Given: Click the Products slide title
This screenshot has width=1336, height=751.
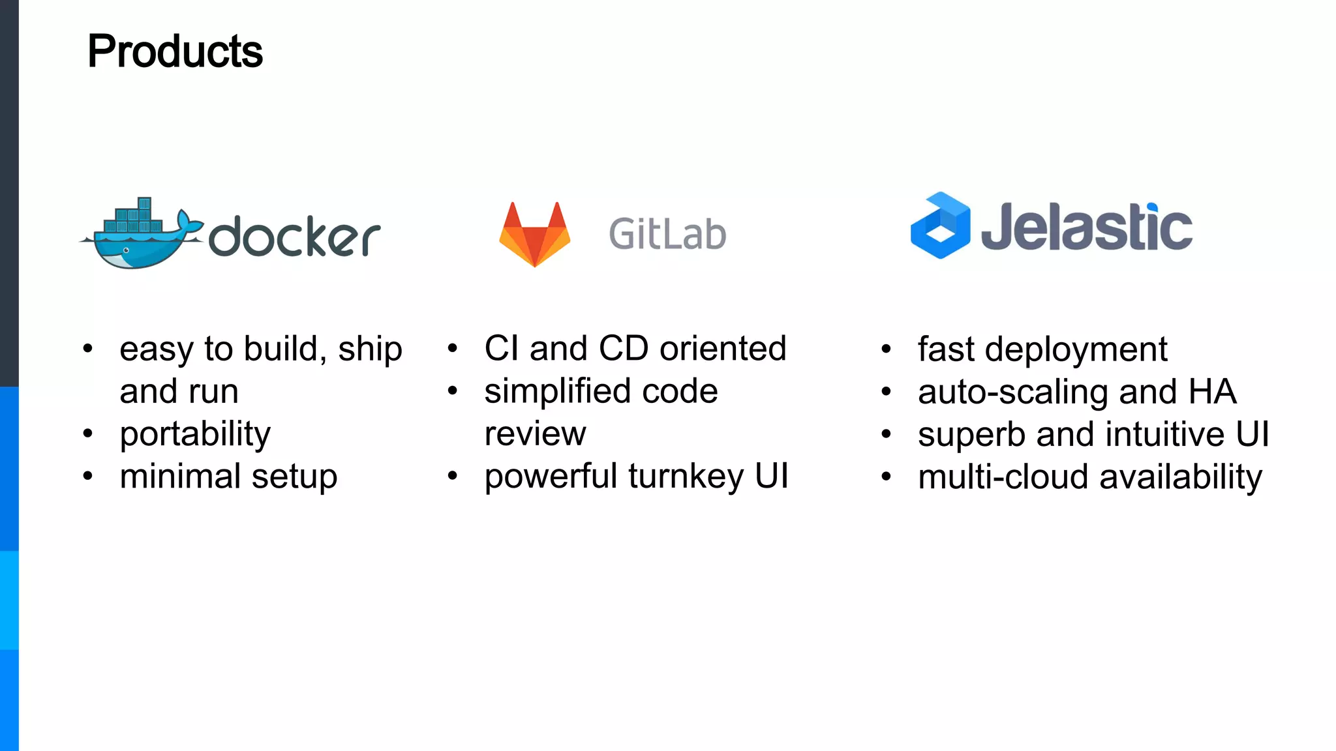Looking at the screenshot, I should (x=175, y=52).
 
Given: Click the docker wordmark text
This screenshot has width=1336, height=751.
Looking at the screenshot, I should (x=294, y=236).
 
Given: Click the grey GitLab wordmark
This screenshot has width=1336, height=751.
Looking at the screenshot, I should (x=667, y=234).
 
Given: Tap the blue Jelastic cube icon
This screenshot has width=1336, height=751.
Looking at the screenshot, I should (x=940, y=226).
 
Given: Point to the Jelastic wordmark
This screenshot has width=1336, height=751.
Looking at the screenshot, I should (x=1086, y=227).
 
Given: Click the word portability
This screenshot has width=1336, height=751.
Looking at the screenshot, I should (x=195, y=434).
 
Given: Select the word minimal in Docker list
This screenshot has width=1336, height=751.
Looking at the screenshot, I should (x=180, y=477).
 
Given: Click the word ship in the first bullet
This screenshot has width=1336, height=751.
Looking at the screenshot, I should (x=370, y=349).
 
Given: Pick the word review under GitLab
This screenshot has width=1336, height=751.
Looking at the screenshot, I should (x=535, y=434).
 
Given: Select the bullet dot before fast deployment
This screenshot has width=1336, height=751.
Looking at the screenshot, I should (x=886, y=349).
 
